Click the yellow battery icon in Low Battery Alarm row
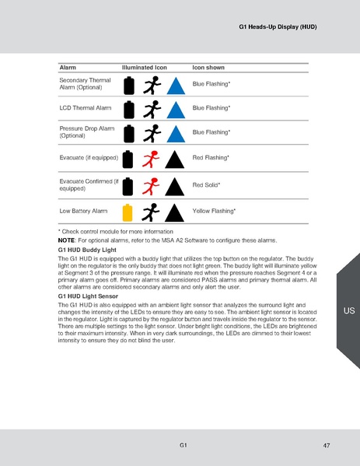coord(130,211)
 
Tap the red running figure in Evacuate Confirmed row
coord(153,186)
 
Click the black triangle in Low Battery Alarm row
coord(176,212)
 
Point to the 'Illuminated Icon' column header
coord(145,68)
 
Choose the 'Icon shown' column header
coord(208,68)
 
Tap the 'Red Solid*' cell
coord(207,185)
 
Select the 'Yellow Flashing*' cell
coord(214,211)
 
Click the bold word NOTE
coord(66,240)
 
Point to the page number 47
coord(326,445)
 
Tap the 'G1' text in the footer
coord(181,445)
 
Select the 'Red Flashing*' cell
coord(211,158)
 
